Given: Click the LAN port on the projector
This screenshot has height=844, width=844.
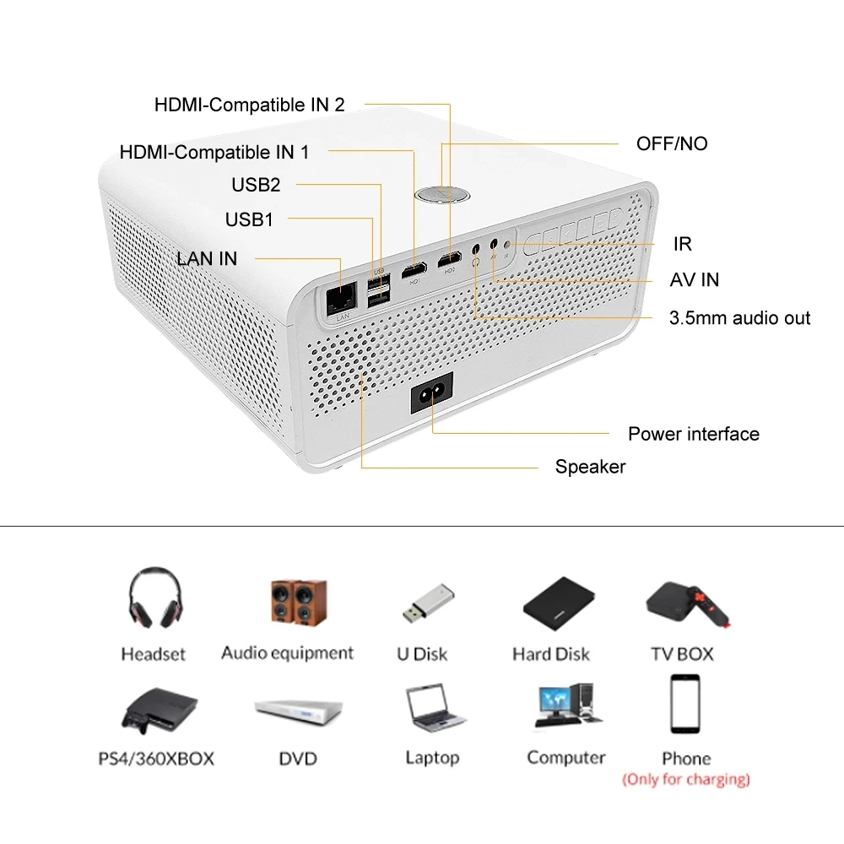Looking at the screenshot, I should pyautogui.click(x=341, y=296).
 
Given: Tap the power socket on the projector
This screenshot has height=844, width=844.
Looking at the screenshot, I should pyautogui.click(x=432, y=392).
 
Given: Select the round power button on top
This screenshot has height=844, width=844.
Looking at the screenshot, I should pyautogui.click(x=442, y=193).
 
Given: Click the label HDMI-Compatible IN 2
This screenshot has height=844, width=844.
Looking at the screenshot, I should pyautogui.click(x=249, y=105).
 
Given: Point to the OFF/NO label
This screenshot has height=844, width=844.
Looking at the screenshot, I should pyautogui.click(x=672, y=143).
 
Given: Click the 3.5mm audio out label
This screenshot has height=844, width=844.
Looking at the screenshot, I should pyautogui.click(x=739, y=318).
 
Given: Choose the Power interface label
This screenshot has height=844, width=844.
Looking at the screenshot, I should pyautogui.click(x=693, y=434).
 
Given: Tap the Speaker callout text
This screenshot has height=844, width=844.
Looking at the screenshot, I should pyautogui.click(x=590, y=467).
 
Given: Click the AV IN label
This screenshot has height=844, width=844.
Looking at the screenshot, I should pyautogui.click(x=695, y=279).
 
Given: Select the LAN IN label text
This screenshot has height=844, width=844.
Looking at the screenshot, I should pyautogui.click(x=207, y=258).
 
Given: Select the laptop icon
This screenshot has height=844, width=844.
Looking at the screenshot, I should pyautogui.click(x=435, y=708).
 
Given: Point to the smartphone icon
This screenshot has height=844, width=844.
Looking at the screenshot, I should pyautogui.click(x=685, y=704).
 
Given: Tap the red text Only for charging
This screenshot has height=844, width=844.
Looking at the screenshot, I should pyautogui.click(x=685, y=779).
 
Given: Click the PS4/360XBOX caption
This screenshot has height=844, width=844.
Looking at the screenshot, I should pyautogui.click(x=156, y=759).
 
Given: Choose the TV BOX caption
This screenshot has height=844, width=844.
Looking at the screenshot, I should pyautogui.click(x=682, y=653).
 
